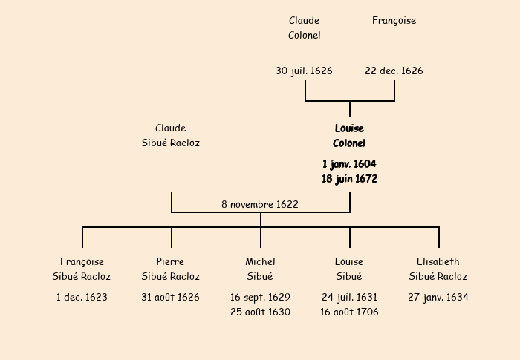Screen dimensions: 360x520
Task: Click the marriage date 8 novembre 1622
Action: click(x=260, y=204)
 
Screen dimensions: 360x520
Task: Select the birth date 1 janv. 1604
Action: click(x=349, y=163)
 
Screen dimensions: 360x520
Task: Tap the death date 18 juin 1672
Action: click(x=349, y=179)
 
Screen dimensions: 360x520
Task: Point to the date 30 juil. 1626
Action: click(x=304, y=71)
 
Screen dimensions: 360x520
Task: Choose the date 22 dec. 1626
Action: click(x=394, y=71)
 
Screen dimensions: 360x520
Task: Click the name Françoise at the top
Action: click(x=394, y=21)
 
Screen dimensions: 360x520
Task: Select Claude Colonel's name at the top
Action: click(x=305, y=28)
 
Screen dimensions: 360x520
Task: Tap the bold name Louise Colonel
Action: click(x=349, y=136)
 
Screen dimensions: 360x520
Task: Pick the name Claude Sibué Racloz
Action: click(x=171, y=136)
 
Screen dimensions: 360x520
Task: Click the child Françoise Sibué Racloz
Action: click(x=82, y=269)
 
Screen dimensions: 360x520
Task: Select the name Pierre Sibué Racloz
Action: click(x=171, y=269)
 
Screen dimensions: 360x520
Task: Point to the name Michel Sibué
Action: click(x=260, y=269)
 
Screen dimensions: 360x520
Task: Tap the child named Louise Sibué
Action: click(x=349, y=269)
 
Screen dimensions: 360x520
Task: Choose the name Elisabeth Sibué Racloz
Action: click(x=438, y=269)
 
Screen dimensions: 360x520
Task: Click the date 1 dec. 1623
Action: click(x=82, y=298)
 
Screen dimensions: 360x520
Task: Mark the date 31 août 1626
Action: click(x=171, y=298)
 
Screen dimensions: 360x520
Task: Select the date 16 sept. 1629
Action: click(x=260, y=297)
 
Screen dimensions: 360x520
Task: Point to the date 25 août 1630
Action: click(x=260, y=312)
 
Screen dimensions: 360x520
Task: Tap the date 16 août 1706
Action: click(x=349, y=312)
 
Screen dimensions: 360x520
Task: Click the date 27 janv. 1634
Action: click(x=438, y=298)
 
